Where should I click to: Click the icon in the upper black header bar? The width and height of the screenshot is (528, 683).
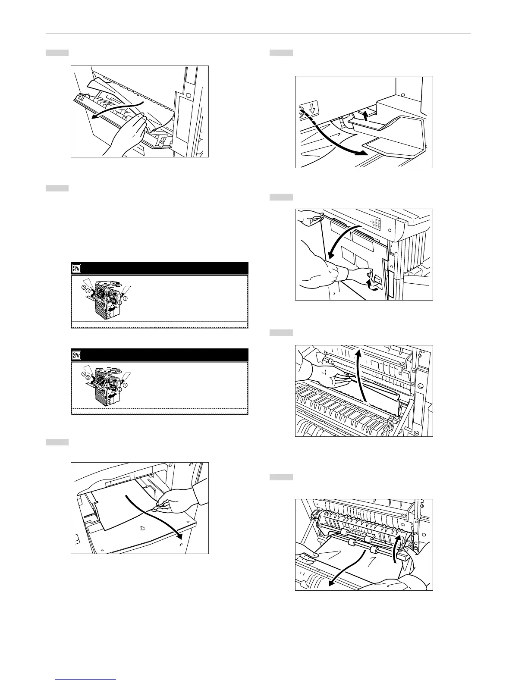(x=76, y=269)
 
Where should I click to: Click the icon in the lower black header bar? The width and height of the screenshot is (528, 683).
(x=76, y=355)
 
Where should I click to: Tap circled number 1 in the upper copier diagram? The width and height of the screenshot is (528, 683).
(x=126, y=299)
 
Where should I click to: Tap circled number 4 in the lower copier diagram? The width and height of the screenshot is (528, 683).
(x=109, y=401)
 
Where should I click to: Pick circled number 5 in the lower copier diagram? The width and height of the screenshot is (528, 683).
(x=119, y=389)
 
